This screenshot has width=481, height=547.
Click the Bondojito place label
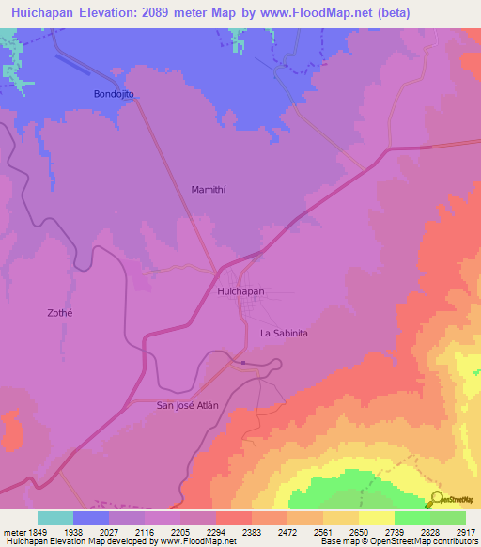click(x=115, y=95)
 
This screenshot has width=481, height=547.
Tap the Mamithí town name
click(x=209, y=189)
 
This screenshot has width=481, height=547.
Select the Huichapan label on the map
click(x=240, y=292)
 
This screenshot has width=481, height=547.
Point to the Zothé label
click(x=59, y=313)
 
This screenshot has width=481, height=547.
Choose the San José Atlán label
click(x=187, y=405)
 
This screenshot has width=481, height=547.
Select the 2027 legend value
click(x=109, y=531)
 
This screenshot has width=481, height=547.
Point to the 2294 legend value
click(x=216, y=531)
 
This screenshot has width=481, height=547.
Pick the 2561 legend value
click(x=323, y=531)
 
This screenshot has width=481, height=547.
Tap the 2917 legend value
click(x=466, y=531)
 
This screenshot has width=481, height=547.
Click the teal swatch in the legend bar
click(x=55, y=518)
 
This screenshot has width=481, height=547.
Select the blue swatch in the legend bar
click(x=91, y=518)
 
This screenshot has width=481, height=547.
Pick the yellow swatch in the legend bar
click(x=377, y=518)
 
